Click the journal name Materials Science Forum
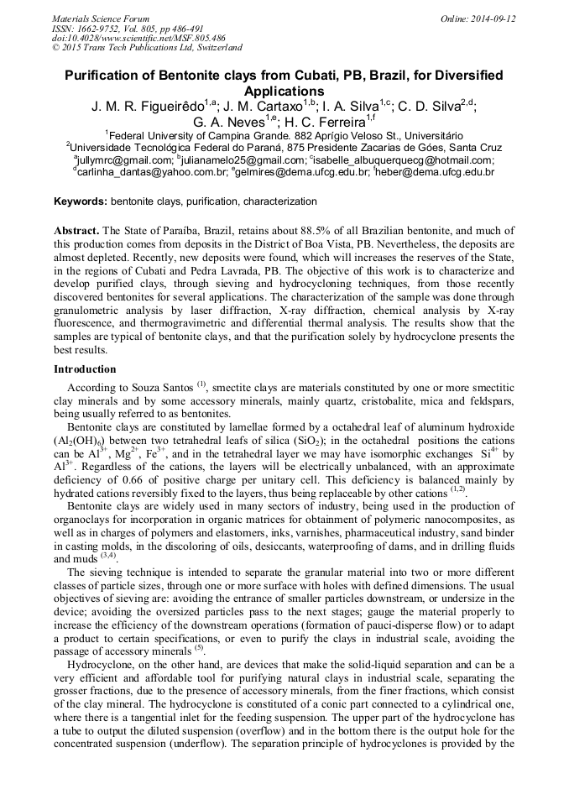coord(101,18)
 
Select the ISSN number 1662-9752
coord(95,28)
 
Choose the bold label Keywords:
coord(81,201)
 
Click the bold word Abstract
coord(76,230)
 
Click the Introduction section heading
coord(85,369)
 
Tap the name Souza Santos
coord(161,388)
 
